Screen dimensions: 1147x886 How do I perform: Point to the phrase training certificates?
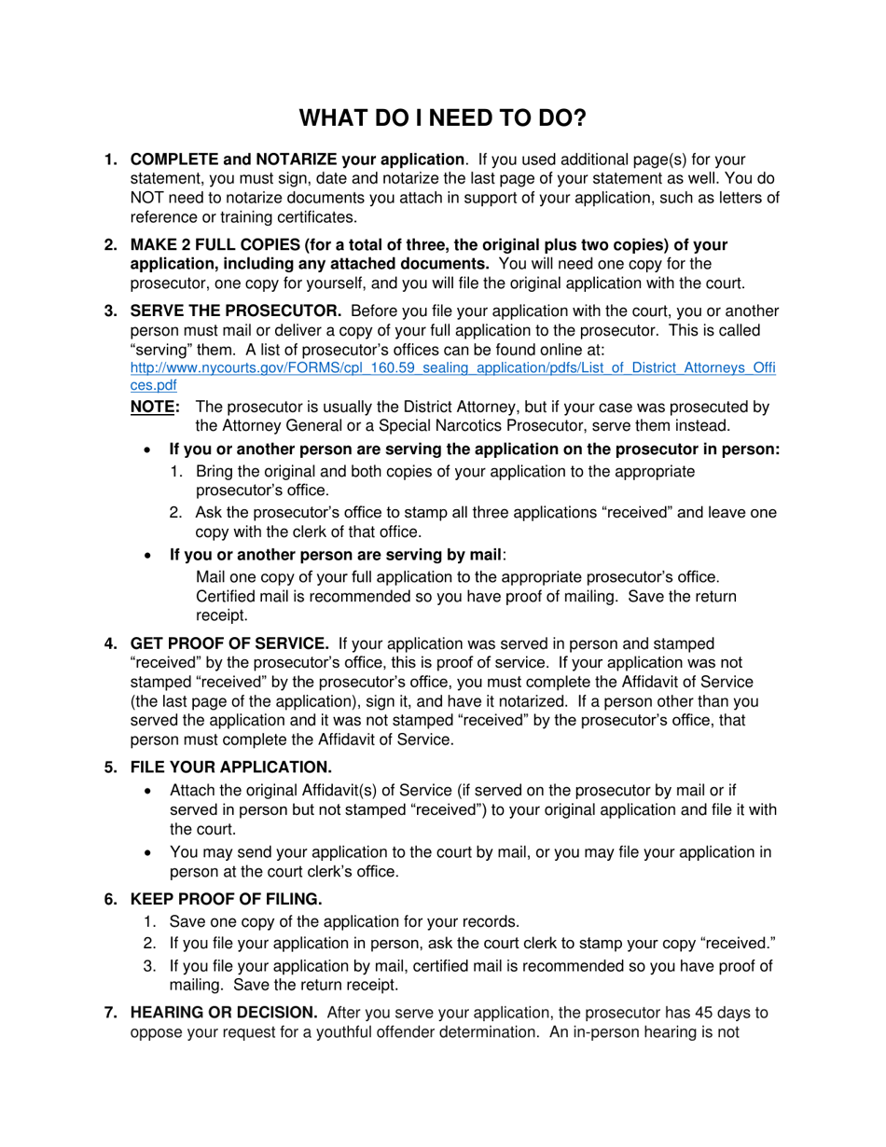click(x=292, y=217)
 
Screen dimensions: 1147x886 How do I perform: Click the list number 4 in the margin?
click(x=110, y=643)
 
